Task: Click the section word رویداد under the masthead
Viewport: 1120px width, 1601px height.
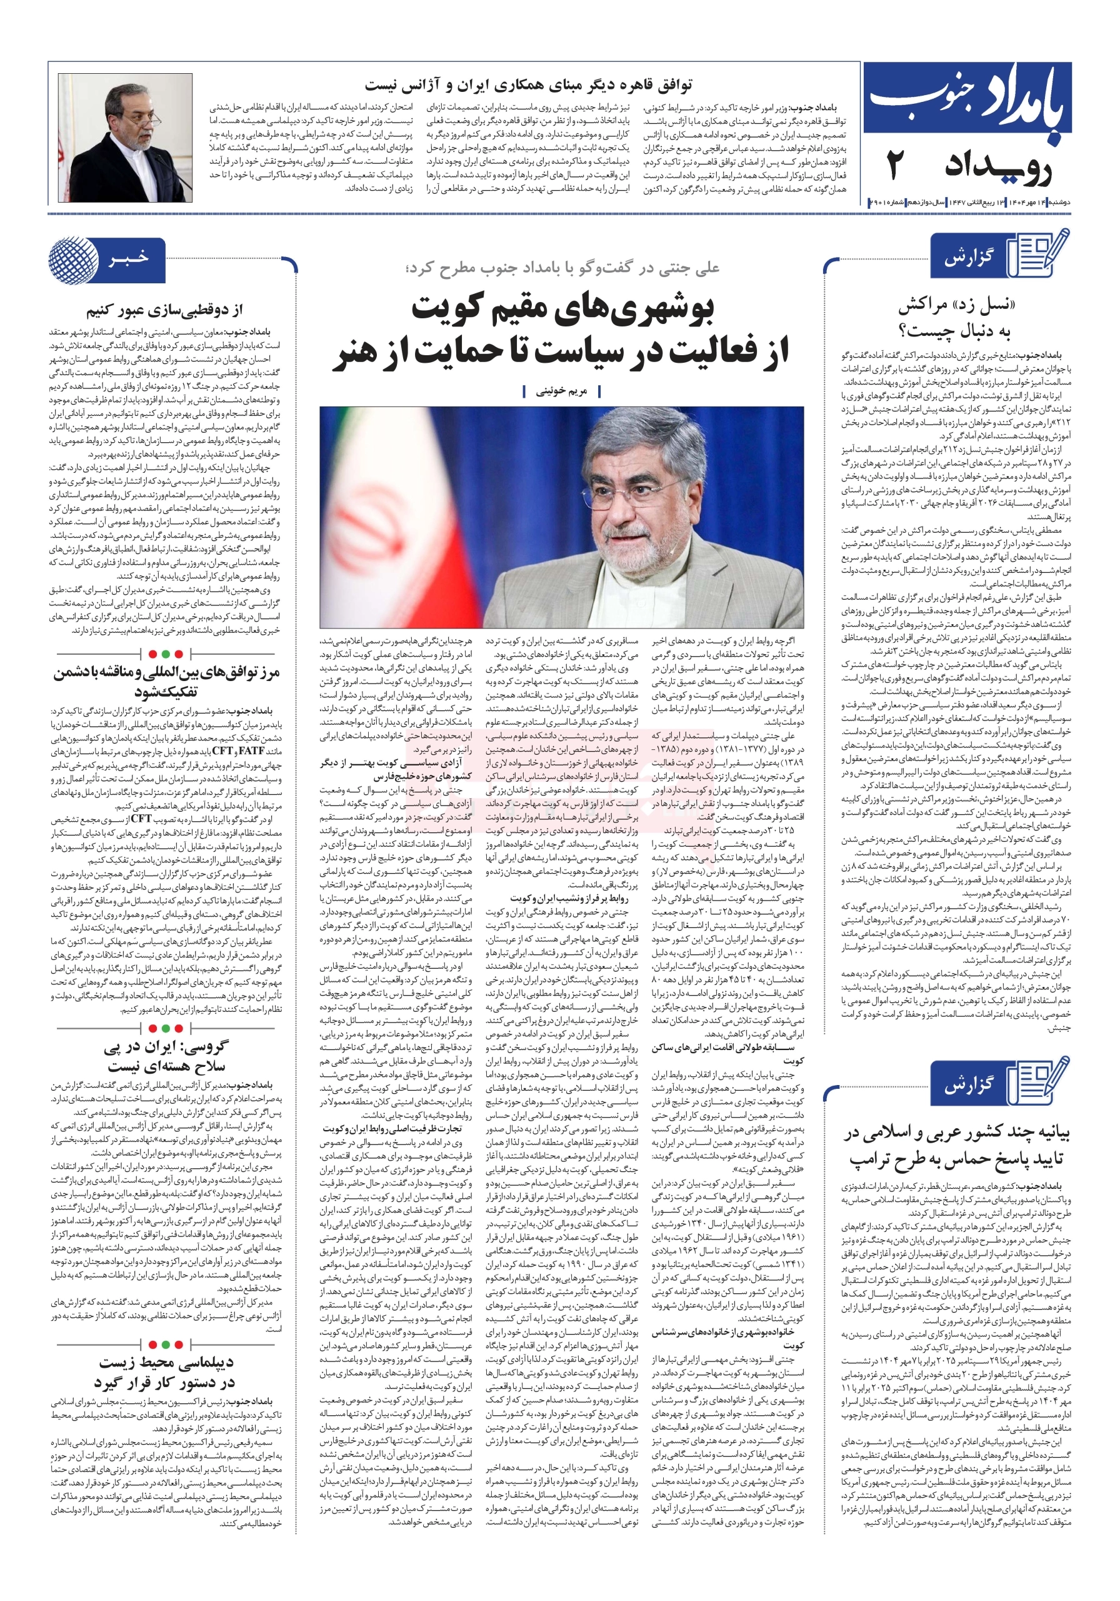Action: [x=997, y=168]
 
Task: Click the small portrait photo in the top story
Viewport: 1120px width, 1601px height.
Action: [x=126, y=138]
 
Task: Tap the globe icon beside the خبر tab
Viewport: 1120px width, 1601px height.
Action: [x=73, y=260]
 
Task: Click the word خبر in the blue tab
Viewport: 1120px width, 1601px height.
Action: [x=128, y=259]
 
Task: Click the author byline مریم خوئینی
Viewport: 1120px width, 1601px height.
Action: [x=562, y=392]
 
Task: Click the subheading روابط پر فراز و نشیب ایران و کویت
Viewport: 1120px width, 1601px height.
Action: [x=569, y=899]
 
